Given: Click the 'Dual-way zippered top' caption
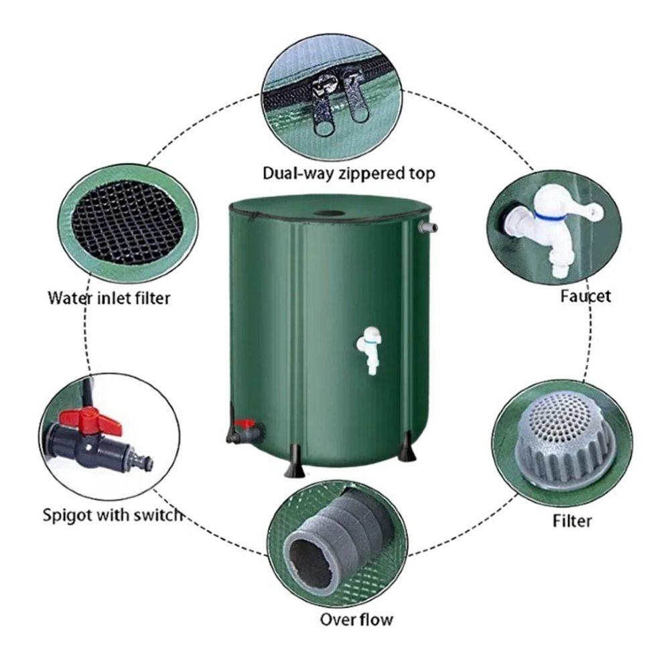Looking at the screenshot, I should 348,174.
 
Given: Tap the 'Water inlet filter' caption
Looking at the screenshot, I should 109,297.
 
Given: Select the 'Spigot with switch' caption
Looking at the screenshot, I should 113,515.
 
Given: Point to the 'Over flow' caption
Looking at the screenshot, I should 356,618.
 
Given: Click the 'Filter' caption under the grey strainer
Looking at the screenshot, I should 573,520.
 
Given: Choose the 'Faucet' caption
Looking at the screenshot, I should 586,295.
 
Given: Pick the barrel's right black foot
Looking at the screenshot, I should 407,454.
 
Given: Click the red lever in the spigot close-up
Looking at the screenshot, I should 91,421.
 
